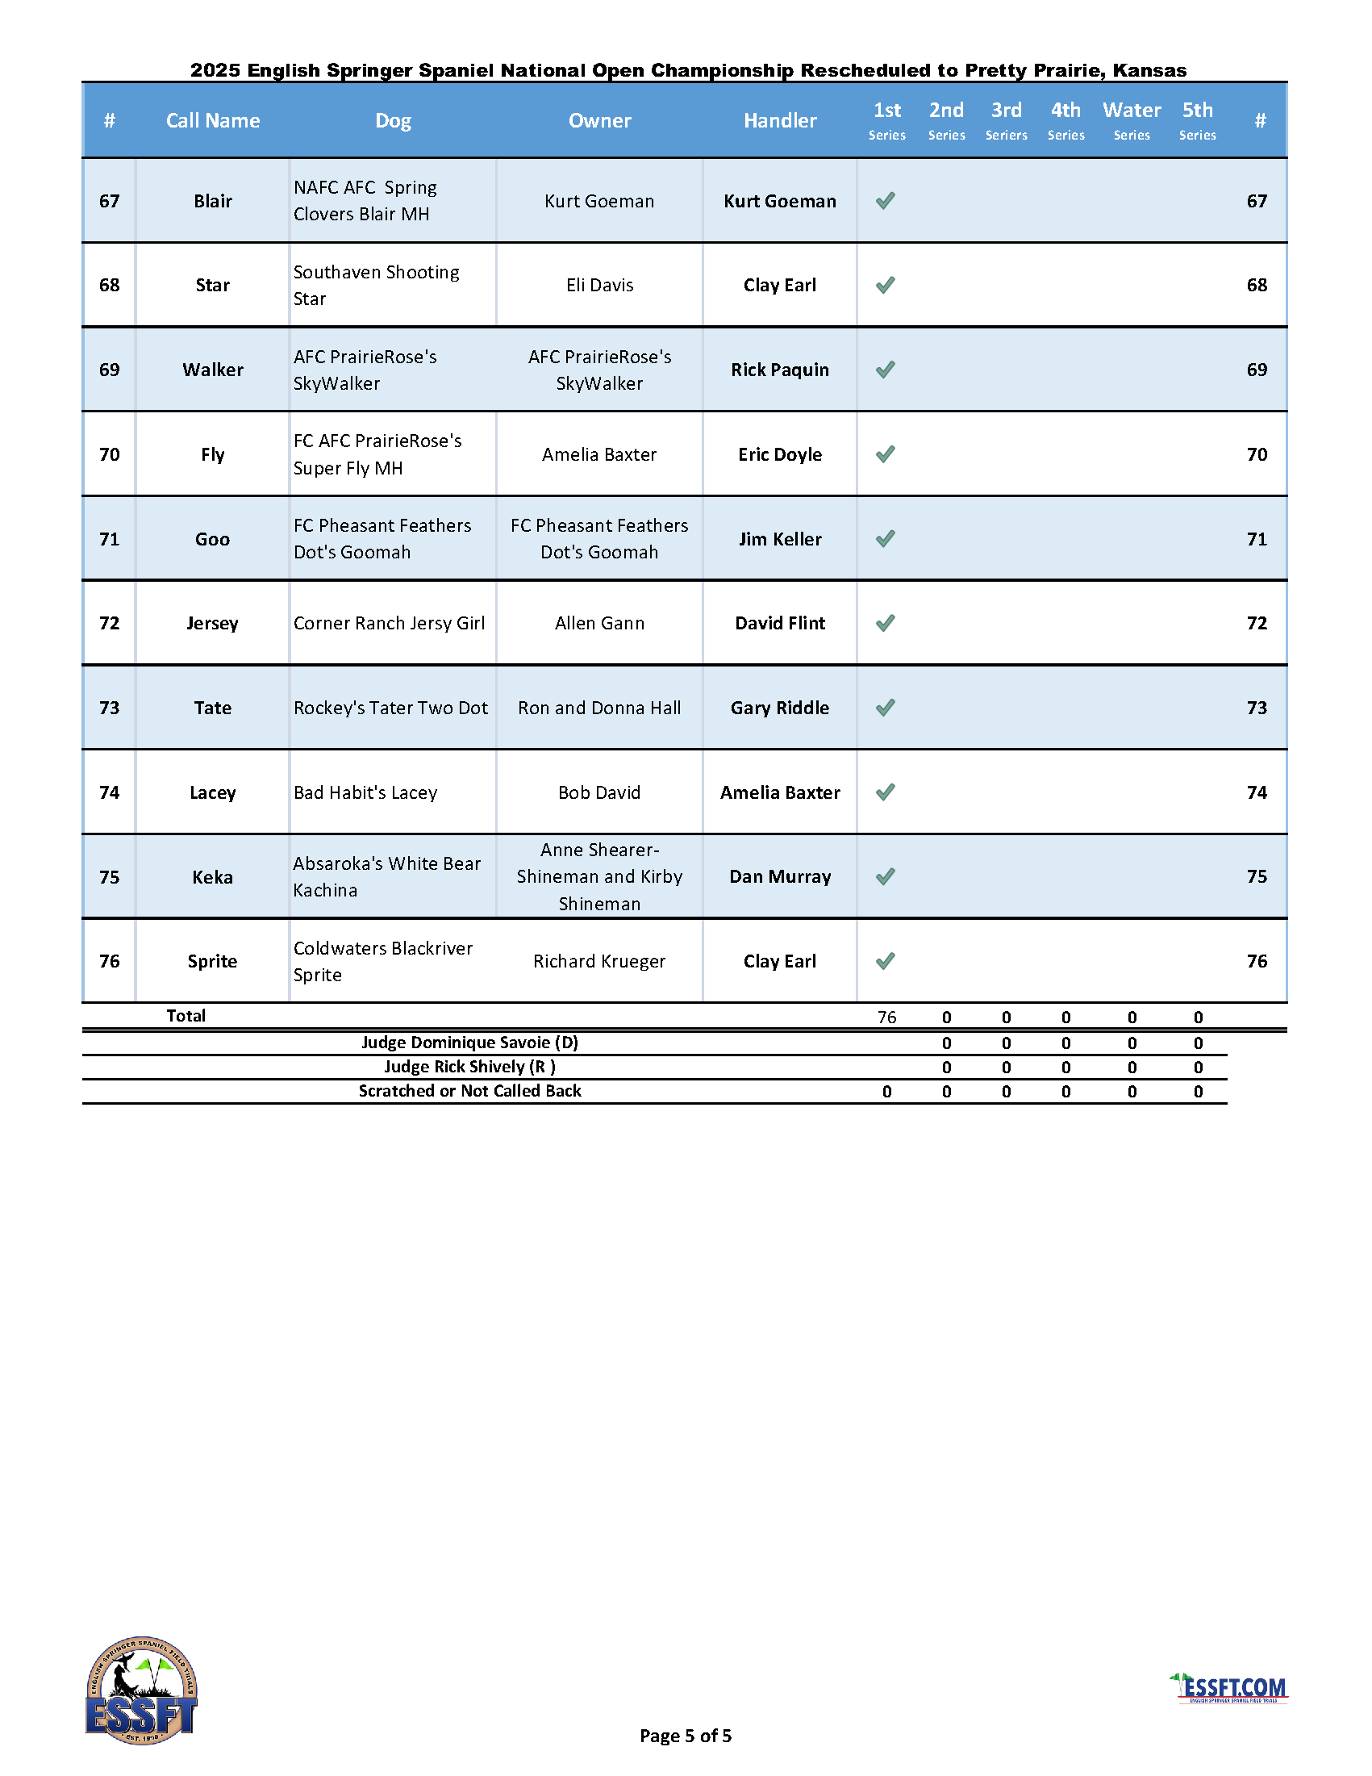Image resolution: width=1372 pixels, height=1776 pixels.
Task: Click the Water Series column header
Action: [1132, 120]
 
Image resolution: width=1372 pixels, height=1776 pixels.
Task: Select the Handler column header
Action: [779, 120]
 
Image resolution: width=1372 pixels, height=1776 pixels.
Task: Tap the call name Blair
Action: [213, 201]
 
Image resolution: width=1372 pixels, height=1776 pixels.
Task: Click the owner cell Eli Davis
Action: [599, 286]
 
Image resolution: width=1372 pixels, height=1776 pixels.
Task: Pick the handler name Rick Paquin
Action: [779, 370]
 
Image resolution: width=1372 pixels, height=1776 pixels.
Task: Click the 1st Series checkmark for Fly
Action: [886, 453]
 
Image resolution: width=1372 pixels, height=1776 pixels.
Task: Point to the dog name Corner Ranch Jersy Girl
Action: [389, 624]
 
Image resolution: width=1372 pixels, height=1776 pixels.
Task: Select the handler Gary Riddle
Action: [779, 708]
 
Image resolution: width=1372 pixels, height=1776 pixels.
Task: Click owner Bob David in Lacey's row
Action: [599, 793]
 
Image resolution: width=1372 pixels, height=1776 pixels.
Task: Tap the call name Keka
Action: [213, 877]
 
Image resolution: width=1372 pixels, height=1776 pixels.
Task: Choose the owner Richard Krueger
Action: [599, 962]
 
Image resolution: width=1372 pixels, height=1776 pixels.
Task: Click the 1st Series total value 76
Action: [886, 1018]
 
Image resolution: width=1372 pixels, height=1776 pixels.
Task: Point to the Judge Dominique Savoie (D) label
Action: [469, 1043]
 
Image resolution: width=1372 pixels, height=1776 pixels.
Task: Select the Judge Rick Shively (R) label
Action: [469, 1067]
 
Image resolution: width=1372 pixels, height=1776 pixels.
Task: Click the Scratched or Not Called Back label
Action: [469, 1091]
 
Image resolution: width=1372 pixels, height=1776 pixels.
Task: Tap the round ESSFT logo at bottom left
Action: [141, 1690]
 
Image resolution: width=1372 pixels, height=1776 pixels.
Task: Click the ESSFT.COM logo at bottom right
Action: [1231, 1688]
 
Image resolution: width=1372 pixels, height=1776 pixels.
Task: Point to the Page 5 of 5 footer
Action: [685, 1736]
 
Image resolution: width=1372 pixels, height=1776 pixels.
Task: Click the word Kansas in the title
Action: [1149, 71]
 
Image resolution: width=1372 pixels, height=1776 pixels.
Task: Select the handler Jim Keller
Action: [779, 539]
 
